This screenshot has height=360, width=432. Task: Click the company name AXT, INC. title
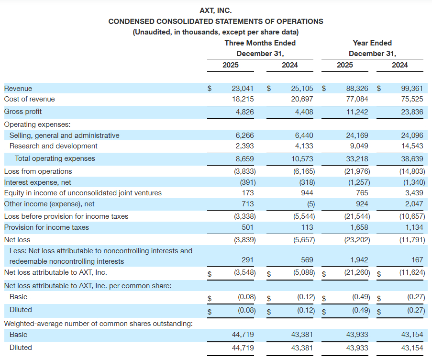click(x=215, y=10)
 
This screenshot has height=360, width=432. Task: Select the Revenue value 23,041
click(x=243, y=89)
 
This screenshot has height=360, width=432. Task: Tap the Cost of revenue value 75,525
click(x=412, y=99)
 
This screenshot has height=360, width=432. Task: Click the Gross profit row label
click(x=23, y=112)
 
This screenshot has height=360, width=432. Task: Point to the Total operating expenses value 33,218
click(x=357, y=158)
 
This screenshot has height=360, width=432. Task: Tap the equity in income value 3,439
click(x=414, y=193)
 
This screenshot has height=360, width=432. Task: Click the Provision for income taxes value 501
click(x=248, y=227)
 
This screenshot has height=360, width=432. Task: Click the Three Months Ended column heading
click(x=260, y=43)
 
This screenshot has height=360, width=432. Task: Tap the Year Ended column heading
click(x=372, y=43)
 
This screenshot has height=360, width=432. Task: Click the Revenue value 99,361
click(x=412, y=89)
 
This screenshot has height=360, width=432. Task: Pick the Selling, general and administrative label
click(x=65, y=135)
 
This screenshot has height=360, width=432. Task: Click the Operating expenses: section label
click(x=37, y=124)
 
